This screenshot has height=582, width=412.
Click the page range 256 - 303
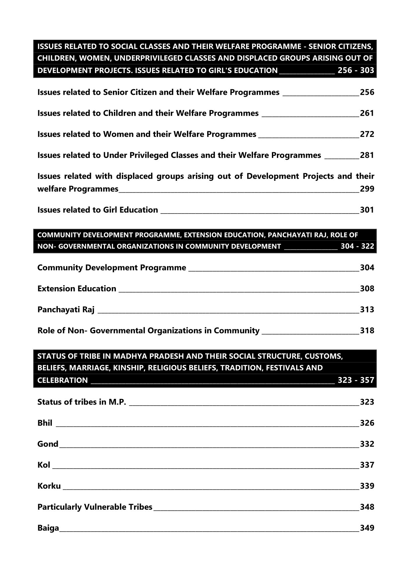356,70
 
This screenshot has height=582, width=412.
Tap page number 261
367,113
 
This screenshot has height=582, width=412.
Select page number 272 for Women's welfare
367,134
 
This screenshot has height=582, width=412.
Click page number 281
367,155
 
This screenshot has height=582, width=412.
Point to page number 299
367,189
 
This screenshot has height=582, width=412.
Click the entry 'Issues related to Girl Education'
98,210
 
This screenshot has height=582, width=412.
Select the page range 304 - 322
357,246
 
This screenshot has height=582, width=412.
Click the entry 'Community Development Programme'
112,268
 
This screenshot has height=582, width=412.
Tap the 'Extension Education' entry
77,289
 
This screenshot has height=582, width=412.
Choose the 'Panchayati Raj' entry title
66,310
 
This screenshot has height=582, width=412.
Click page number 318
367,331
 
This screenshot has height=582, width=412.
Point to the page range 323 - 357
356,380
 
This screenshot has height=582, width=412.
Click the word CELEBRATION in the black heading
62,380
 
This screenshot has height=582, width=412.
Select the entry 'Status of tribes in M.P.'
82,402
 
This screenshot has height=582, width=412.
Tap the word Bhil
45,423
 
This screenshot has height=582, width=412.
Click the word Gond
48,444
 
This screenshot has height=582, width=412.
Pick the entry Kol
43,465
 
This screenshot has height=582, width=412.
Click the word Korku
49,486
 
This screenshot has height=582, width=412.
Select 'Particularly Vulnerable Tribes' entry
95,507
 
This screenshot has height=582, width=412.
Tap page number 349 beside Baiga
367,528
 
